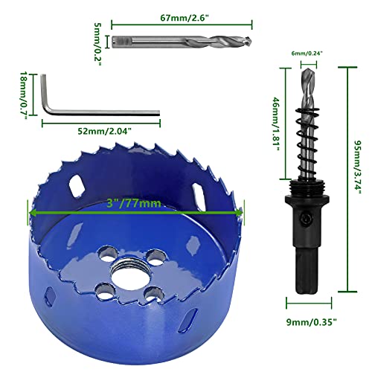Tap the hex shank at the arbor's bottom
tap(306, 264)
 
